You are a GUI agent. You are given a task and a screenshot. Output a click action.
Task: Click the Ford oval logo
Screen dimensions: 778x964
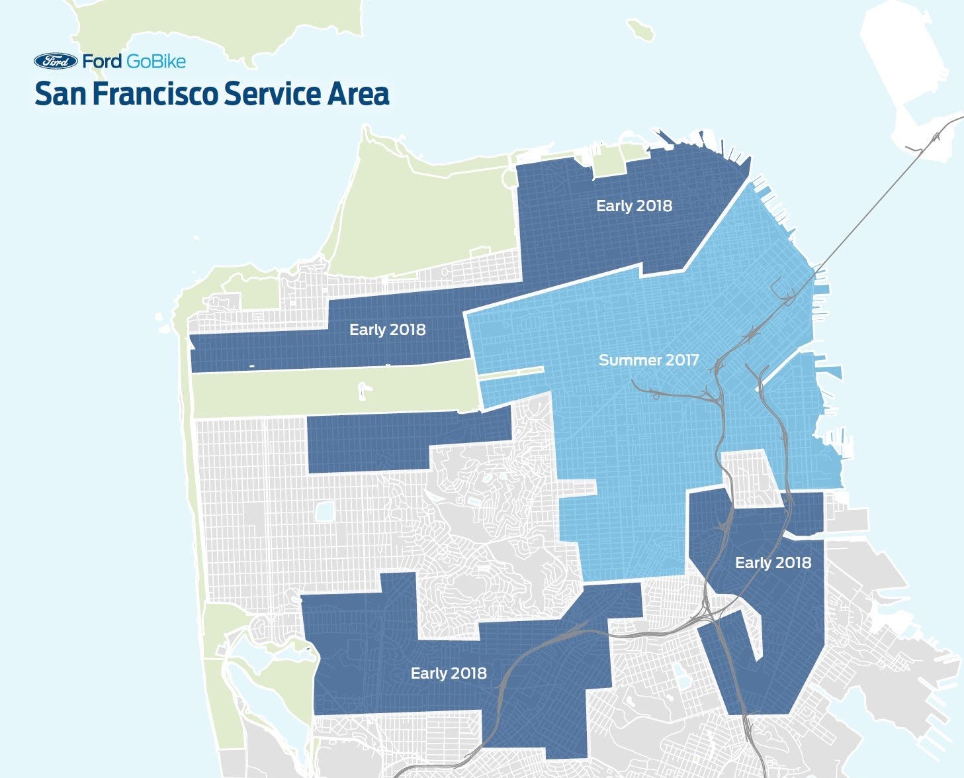[56, 62]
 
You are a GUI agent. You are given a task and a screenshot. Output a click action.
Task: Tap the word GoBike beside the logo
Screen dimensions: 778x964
[155, 62]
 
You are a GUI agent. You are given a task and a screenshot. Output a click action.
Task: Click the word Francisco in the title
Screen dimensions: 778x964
[153, 93]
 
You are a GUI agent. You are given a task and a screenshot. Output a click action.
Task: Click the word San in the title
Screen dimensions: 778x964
[60, 93]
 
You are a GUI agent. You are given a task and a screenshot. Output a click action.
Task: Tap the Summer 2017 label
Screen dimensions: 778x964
[648, 360]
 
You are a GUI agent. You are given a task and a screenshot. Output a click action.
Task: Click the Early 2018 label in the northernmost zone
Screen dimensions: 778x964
[634, 206]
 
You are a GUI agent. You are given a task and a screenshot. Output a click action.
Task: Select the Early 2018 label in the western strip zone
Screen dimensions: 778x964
[387, 330]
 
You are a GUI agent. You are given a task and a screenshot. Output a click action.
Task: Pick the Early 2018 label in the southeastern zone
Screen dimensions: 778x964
[773, 563]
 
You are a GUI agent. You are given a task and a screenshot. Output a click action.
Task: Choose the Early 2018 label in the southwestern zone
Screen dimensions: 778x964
[449, 673]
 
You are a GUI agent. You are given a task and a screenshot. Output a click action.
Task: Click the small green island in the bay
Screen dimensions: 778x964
[640, 29]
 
